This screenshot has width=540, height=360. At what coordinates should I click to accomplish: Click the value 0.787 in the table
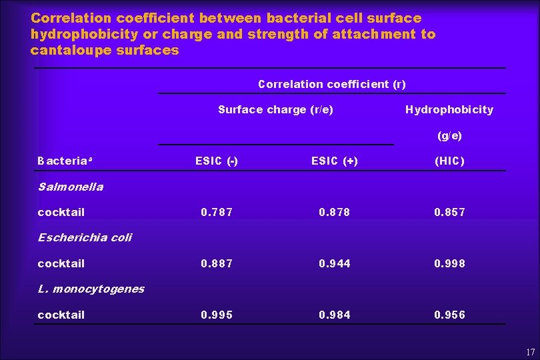[x=217, y=212]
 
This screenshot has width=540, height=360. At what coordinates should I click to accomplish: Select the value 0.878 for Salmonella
[x=335, y=212]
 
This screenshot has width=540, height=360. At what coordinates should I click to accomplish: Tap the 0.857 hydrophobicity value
[x=449, y=212]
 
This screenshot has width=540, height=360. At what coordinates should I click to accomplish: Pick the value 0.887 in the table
[x=217, y=263]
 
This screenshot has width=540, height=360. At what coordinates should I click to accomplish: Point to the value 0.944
[x=335, y=263]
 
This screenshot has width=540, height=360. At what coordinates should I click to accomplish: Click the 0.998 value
[x=449, y=263]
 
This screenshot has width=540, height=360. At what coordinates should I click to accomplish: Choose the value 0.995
[x=217, y=315]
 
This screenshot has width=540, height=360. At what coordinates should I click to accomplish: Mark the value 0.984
[x=335, y=315]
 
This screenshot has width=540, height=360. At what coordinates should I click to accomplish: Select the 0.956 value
[x=449, y=315]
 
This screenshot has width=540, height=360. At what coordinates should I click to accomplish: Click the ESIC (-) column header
[x=217, y=161]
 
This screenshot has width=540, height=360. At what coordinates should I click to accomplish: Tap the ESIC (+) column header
[x=335, y=161]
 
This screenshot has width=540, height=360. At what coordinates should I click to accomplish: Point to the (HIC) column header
[x=449, y=161]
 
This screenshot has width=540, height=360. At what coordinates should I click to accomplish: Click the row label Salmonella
[x=71, y=187]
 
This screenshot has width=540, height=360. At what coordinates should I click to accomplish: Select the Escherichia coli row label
[x=85, y=237]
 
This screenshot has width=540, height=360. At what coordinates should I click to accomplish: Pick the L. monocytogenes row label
[x=91, y=289]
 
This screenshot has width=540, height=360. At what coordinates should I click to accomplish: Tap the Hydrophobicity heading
[x=449, y=109]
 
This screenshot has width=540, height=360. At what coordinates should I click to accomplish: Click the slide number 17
[x=529, y=351]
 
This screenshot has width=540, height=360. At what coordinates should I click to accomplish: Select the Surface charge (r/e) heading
[x=276, y=109]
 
